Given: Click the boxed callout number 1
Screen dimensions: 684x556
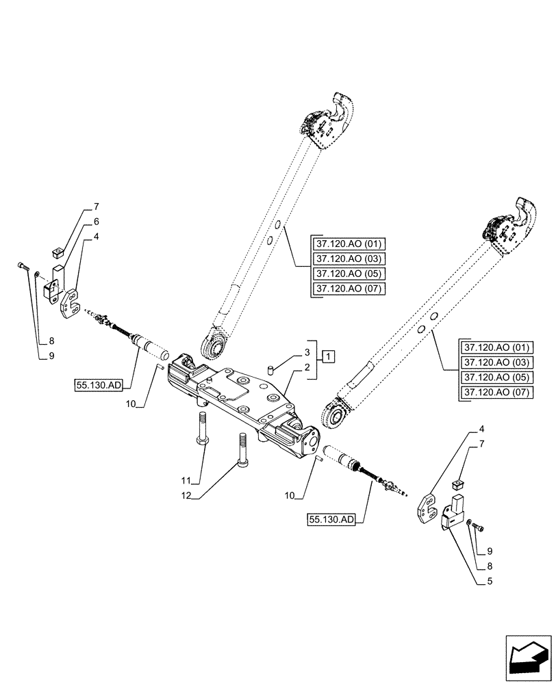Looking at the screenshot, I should click(x=329, y=356).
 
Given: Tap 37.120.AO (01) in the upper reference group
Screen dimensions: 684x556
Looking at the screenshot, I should click(x=348, y=244).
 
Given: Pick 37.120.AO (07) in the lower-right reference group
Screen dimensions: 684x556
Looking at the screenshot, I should click(x=496, y=393).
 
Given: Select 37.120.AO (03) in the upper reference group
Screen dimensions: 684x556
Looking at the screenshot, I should click(x=348, y=259).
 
